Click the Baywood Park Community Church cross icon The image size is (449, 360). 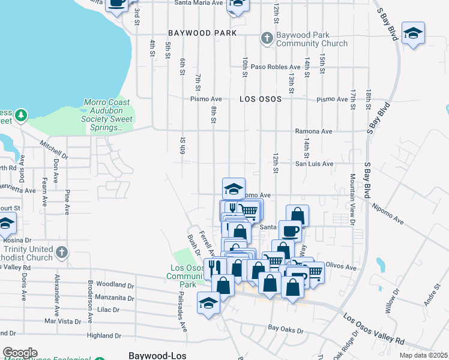(x=267, y=38)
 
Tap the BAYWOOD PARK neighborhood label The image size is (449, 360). (x=202, y=33)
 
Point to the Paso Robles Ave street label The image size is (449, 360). (x=276, y=67)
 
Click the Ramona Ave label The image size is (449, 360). (x=313, y=131)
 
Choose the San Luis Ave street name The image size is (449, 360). (x=313, y=163)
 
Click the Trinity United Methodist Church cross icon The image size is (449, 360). (x=61, y=253)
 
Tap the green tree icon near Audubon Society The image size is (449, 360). (x=21, y=115)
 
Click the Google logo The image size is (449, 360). (x=20, y=353)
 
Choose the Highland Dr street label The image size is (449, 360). (x=104, y=335)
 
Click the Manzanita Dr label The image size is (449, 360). (x=114, y=298)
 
